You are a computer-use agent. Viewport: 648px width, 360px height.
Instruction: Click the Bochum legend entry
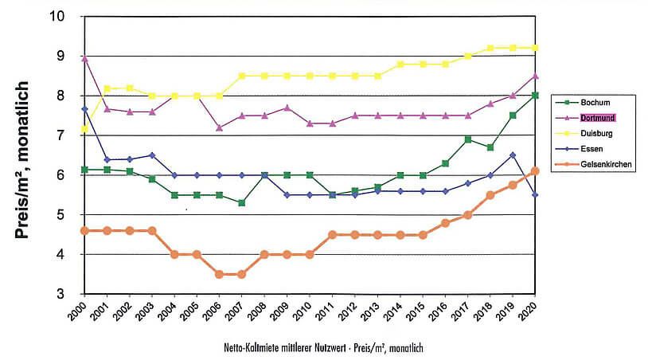tap(595, 103)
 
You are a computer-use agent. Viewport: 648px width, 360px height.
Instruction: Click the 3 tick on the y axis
tap(70, 294)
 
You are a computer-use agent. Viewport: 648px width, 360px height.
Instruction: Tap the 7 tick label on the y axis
tap(70, 135)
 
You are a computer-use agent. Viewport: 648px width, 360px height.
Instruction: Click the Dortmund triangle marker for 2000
tap(84, 58)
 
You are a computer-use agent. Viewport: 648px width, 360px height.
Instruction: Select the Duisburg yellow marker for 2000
tap(84, 128)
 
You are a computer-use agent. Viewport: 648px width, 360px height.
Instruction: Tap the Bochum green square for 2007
tap(242, 203)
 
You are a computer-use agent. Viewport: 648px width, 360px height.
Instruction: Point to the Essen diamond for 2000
tap(84, 108)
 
